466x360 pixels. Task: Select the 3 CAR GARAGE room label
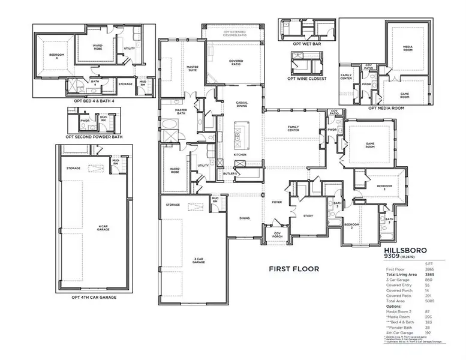199,260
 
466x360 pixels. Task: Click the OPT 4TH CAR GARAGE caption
94,297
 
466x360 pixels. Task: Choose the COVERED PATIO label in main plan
235,63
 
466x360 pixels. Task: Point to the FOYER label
276,202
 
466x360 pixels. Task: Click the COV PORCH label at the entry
277,235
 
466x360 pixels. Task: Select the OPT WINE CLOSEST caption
306,79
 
